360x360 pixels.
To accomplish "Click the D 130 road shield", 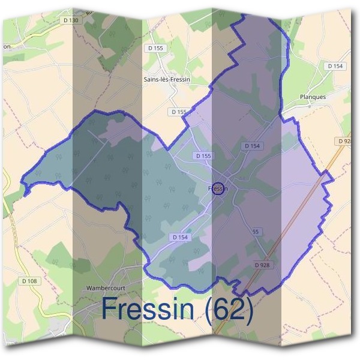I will click(71, 20).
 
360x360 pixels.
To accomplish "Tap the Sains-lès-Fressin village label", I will click(166, 79).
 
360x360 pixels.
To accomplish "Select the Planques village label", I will click(312, 97).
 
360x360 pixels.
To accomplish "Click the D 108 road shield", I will click(29, 281).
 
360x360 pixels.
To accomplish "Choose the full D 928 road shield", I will click(262, 265).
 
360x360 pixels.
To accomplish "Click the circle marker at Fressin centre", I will click(218, 188).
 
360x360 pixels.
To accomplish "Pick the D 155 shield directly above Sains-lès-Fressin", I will click(155, 48).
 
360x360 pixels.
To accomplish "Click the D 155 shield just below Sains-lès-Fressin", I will click(179, 112).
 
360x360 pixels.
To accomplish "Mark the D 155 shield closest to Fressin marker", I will click(203, 156).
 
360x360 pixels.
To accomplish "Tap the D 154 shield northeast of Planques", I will click(335, 65).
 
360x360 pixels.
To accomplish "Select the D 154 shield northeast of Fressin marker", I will click(253, 146).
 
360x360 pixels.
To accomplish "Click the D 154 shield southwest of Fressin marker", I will click(180, 238).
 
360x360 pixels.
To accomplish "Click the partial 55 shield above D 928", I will click(256, 232).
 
